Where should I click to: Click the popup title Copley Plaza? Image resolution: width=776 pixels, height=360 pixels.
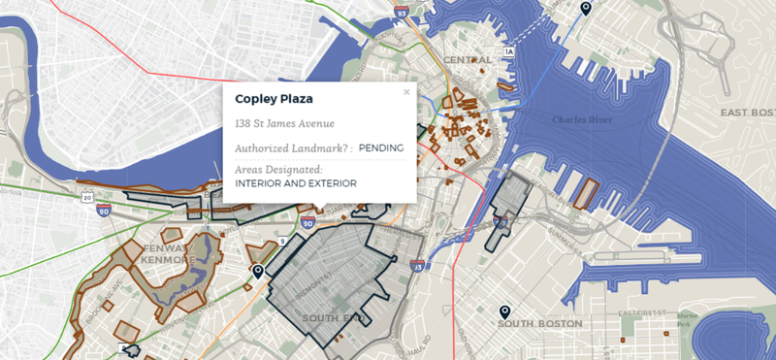click(274, 99)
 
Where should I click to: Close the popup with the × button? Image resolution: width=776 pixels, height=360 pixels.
click(406, 92)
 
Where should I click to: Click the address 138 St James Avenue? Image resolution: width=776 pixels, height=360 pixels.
click(284, 123)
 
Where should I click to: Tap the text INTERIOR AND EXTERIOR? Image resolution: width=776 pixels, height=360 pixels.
click(296, 182)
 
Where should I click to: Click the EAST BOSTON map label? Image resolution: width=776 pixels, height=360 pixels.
click(748, 113)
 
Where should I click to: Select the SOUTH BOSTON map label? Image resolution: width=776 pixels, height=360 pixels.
click(539, 322)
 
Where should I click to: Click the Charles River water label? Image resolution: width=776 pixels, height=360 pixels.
click(582, 120)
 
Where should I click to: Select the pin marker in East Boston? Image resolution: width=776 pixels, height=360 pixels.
click(585, 9)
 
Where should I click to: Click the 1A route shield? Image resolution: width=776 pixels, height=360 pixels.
click(507, 50)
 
